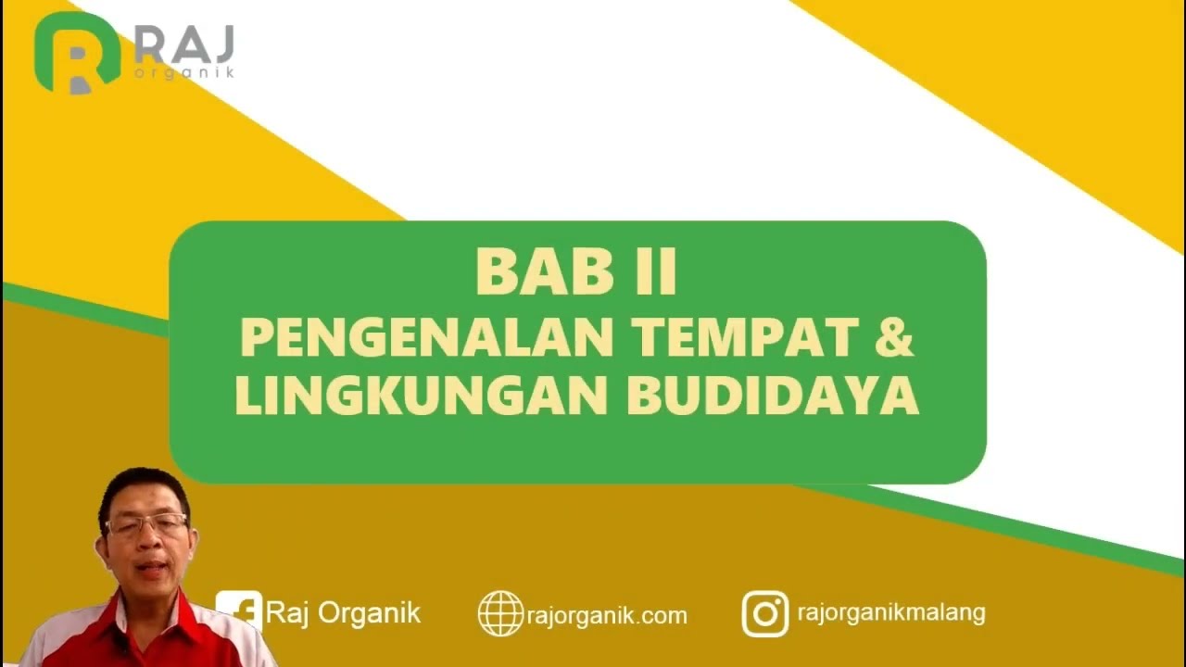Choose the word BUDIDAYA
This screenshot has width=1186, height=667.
(773, 395)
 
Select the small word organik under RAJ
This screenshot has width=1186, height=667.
(183, 72)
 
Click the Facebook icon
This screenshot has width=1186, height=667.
(240, 611)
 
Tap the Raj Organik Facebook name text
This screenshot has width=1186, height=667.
(343, 612)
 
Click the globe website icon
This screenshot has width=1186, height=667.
(500, 613)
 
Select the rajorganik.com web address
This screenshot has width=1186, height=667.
(607, 615)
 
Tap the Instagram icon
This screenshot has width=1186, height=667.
(765, 613)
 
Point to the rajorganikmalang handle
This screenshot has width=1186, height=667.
(890, 612)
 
